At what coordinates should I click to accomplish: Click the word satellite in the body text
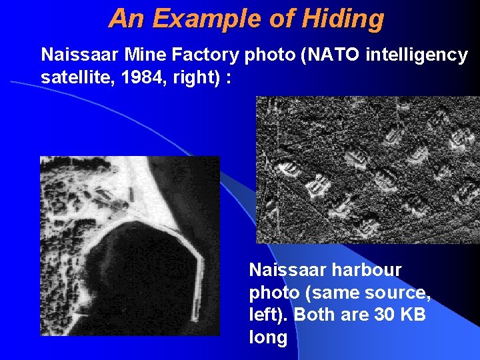point(71,78)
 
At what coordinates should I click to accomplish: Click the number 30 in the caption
point(386,315)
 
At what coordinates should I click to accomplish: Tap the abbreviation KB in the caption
point(414,315)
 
